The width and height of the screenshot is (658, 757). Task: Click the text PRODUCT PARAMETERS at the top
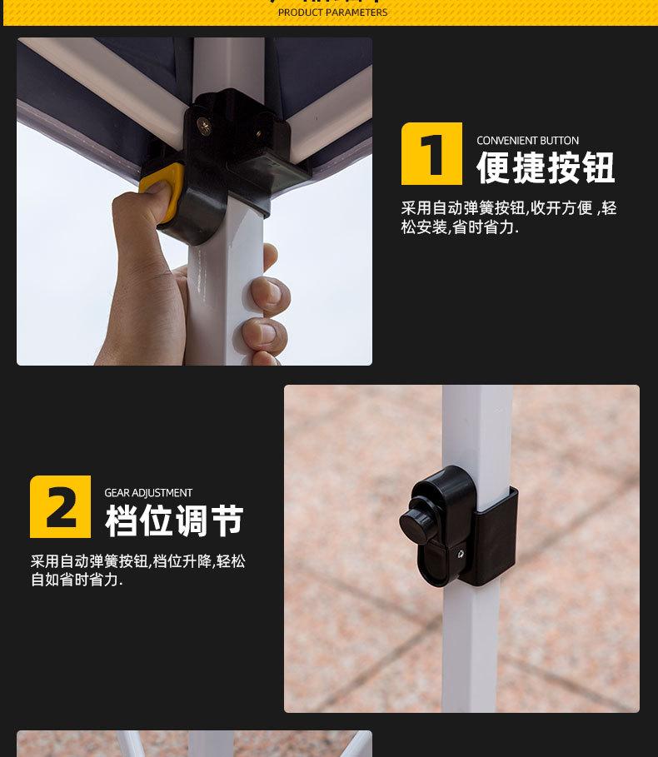coord(332,12)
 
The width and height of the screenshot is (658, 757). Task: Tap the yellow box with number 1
coord(431,153)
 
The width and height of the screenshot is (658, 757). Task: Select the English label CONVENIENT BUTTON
coord(527,141)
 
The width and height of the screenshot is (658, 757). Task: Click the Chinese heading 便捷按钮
coord(546,168)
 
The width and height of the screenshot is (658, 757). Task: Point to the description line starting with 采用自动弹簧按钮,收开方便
coord(508,208)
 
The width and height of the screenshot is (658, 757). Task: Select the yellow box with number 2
coord(60,506)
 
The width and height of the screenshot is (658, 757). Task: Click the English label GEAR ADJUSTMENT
coord(148,493)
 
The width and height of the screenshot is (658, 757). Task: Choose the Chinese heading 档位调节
coord(174,521)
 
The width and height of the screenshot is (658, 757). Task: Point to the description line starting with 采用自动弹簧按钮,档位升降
coord(138,561)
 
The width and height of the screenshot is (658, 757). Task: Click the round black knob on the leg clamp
coord(421,521)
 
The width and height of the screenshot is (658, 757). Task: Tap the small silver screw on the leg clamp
coord(460,552)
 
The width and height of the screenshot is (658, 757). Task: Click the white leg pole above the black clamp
coord(477,425)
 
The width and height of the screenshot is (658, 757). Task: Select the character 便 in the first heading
coord(492,168)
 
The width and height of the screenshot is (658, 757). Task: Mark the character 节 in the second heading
coord(227,521)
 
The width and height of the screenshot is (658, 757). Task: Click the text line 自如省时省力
coord(77,580)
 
